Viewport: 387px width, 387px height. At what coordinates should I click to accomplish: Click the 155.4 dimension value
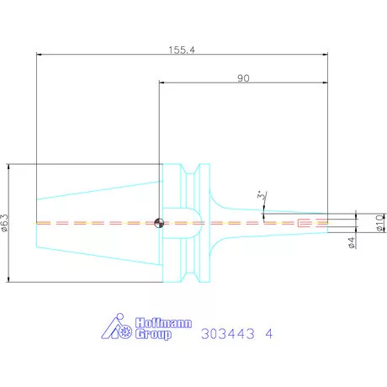182,50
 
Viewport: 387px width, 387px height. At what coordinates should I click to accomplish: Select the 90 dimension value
243,78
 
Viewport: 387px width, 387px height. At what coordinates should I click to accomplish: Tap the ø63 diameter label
5,223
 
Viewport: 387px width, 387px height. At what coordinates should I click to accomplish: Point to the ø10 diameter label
380,223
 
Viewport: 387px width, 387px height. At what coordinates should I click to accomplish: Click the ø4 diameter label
352,242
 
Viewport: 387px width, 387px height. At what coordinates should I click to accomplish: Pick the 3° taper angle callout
261,195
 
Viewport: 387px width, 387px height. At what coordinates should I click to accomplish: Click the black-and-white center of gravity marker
159,223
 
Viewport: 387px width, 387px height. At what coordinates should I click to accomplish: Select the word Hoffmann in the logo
163,323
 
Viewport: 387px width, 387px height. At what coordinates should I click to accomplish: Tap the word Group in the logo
153,334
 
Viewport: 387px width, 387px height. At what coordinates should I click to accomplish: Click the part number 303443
228,334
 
